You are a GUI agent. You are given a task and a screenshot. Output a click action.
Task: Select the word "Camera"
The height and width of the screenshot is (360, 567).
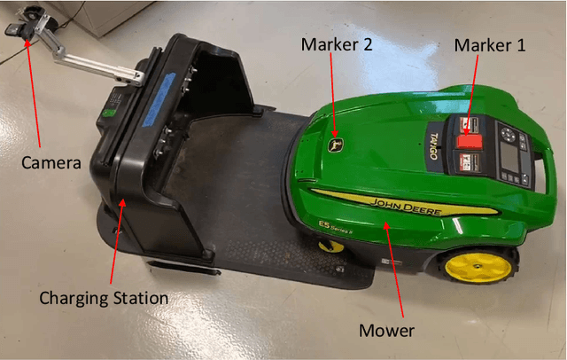[51, 163]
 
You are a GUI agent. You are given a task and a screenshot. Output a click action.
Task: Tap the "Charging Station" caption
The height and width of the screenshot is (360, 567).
[104, 298]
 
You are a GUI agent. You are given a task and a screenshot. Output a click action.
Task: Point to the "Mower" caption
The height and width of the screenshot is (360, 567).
[386, 331]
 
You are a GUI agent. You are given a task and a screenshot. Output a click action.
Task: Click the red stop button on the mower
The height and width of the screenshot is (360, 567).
[467, 140]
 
